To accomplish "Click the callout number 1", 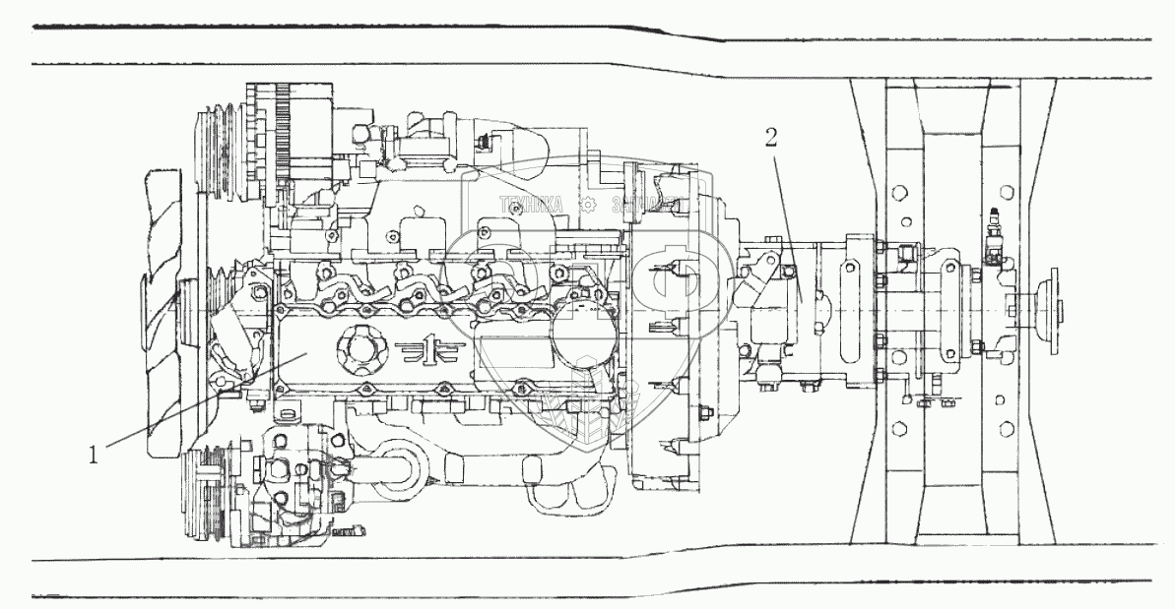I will click(94, 456).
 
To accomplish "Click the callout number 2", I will click(771, 137).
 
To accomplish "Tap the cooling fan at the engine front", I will click(163, 315).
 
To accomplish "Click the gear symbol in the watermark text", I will click(587, 206).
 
